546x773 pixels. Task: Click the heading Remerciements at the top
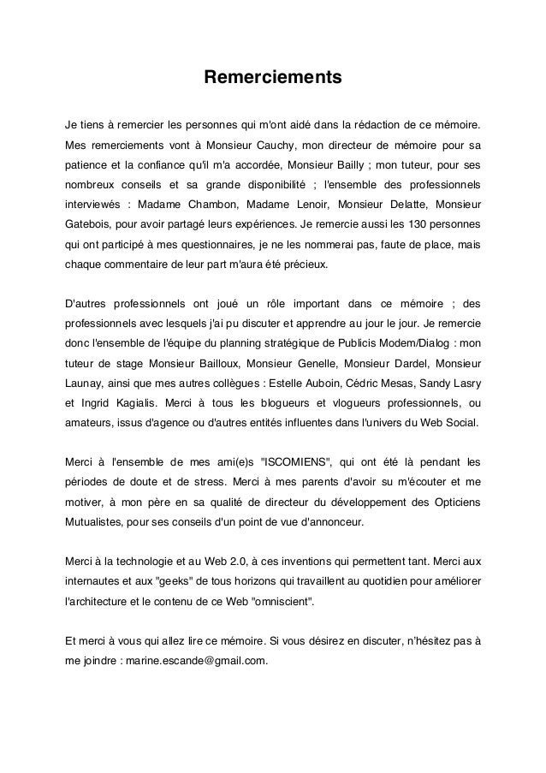pos(272,80)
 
